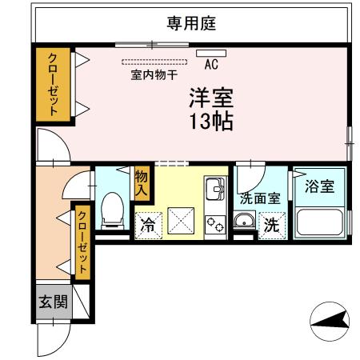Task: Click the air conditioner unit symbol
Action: coord(215,54)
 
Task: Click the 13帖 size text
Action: coord(211,122)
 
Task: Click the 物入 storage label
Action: coord(142,183)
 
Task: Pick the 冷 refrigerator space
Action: coord(147,226)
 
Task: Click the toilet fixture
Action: coord(112,210)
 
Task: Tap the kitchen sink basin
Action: coord(214,191)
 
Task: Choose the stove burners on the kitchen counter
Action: coord(215,224)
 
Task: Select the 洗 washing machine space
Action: coord(272,226)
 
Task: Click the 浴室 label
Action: coord(320,186)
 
